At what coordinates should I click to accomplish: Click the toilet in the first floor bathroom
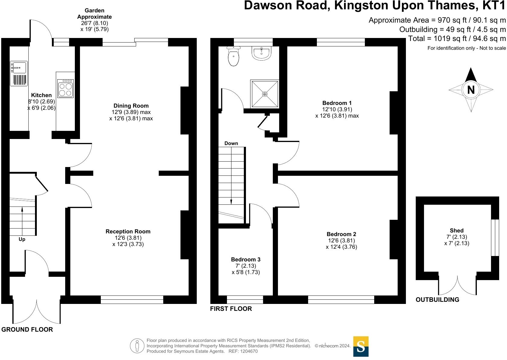[x=234, y=57]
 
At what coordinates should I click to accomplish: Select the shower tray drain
[x=265, y=94]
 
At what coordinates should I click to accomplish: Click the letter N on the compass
[x=471, y=90]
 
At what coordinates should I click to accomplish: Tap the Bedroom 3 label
[x=246, y=260]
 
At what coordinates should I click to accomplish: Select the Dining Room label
[x=131, y=106]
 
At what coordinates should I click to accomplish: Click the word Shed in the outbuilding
[x=457, y=230]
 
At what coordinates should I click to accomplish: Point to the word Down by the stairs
[x=231, y=144]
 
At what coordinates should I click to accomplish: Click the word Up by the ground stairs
[x=22, y=239]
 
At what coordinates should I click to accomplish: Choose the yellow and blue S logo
[x=361, y=346]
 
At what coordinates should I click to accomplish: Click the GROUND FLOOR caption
[x=27, y=330]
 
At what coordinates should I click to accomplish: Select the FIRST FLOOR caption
[x=231, y=309]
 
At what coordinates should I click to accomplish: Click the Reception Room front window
[x=132, y=299]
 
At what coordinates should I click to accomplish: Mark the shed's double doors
[x=458, y=285]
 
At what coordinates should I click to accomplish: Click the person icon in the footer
[x=137, y=346]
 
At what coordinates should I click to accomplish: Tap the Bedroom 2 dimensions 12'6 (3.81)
[x=341, y=241]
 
